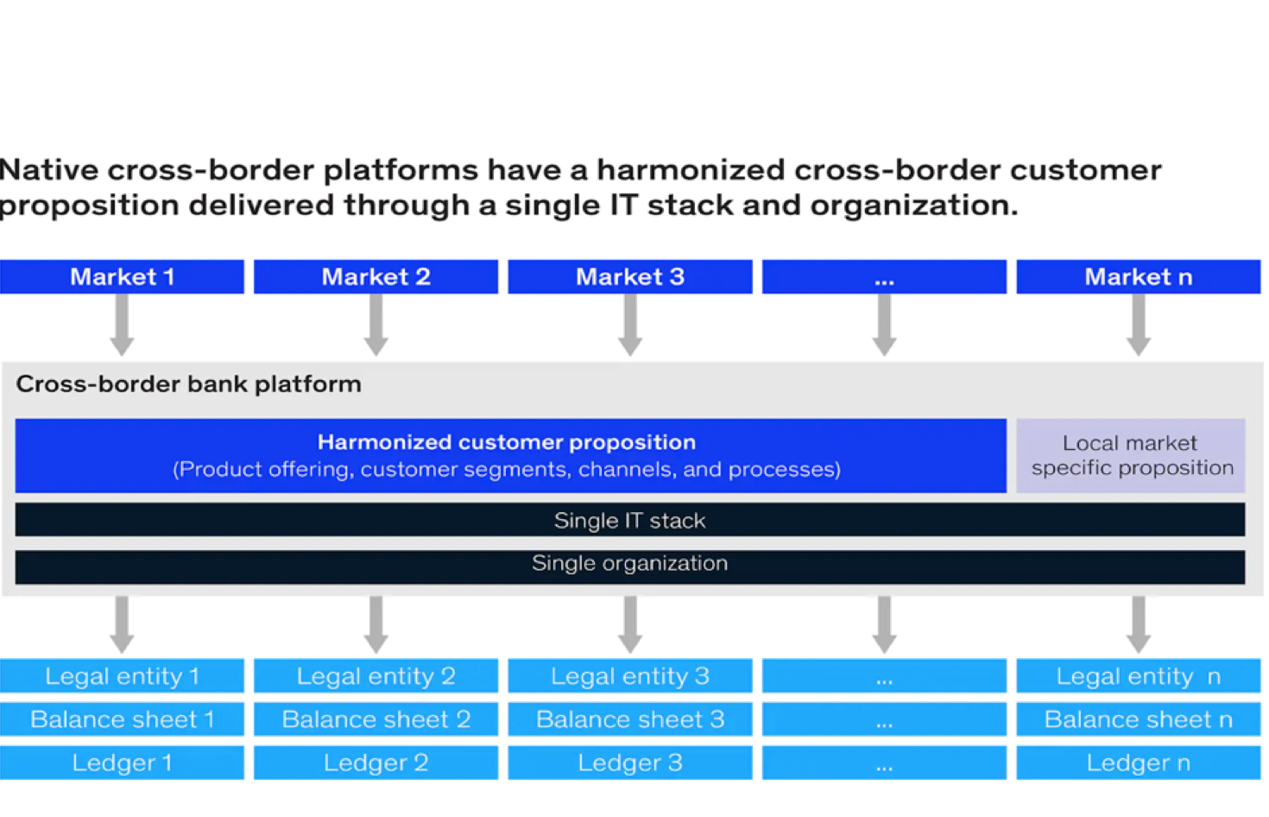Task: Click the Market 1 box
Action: (x=122, y=276)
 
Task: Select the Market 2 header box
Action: (x=376, y=276)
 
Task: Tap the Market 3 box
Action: (x=630, y=276)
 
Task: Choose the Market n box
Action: (x=1139, y=276)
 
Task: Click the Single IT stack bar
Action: (x=630, y=520)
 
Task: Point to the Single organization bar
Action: (x=630, y=567)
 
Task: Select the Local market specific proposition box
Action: (x=1131, y=455)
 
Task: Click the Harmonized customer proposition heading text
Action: (x=507, y=442)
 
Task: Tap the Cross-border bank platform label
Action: (x=189, y=384)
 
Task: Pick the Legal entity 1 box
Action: (x=122, y=675)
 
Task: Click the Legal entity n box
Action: (x=1139, y=675)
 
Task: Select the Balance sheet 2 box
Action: (x=376, y=719)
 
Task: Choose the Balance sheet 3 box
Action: (x=630, y=719)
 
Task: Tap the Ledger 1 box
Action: (x=122, y=763)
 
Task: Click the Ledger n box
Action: (x=1139, y=763)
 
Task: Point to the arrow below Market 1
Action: (x=122, y=325)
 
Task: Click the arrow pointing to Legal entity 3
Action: (x=630, y=624)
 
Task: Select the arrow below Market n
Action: (x=1139, y=325)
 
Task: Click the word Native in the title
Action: (x=48, y=170)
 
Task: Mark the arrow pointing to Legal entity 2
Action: (x=376, y=624)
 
